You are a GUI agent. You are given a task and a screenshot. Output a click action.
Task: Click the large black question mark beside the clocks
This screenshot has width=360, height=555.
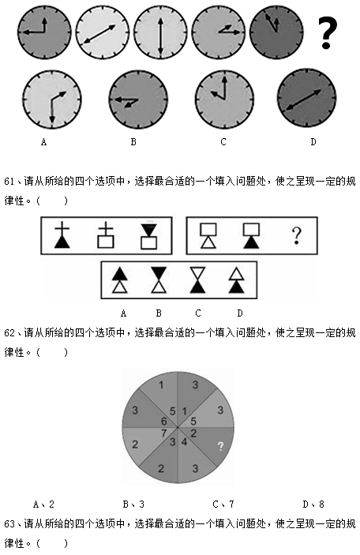[x=328, y=32]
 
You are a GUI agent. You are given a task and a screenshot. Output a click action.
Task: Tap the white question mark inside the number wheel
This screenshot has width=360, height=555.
[x=220, y=446]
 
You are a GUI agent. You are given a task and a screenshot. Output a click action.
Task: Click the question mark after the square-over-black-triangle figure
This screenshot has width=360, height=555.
[x=296, y=236]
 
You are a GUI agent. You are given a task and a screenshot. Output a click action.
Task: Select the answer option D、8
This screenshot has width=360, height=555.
[x=313, y=504]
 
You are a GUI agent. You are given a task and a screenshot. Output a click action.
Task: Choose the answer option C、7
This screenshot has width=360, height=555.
[x=223, y=504]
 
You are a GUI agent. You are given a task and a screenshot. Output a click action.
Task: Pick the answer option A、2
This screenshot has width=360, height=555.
[x=43, y=504]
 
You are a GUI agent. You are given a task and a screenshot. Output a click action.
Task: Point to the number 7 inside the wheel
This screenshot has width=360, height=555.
[x=163, y=433]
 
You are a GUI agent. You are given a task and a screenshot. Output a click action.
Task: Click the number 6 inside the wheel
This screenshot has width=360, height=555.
[x=163, y=421]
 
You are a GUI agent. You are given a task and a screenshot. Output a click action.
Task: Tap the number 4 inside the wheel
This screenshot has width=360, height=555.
[x=184, y=442]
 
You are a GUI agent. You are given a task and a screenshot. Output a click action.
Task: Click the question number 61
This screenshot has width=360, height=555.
[x=9, y=182]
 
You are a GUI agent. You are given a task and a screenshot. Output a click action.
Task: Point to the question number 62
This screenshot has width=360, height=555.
[x=9, y=332]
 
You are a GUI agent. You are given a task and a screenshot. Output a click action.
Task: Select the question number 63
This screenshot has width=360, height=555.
[x=9, y=523]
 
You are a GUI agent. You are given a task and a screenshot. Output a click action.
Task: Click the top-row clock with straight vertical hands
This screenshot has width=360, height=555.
[x=160, y=32]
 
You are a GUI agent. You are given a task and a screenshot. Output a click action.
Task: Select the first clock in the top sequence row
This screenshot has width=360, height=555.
[x=44, y=32]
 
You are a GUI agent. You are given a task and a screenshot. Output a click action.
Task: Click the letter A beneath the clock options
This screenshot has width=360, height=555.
[x=43, y=142]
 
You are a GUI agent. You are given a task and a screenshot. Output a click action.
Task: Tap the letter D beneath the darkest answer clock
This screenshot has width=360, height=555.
[x=313, y=142]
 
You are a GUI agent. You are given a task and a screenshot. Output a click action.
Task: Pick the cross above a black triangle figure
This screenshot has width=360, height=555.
[x=62, y=234]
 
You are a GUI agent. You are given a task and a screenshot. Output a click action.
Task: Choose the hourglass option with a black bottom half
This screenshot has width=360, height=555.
[x=197, y=280]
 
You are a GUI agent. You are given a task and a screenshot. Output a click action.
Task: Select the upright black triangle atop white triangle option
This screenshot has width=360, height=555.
[x=120, y=280]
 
